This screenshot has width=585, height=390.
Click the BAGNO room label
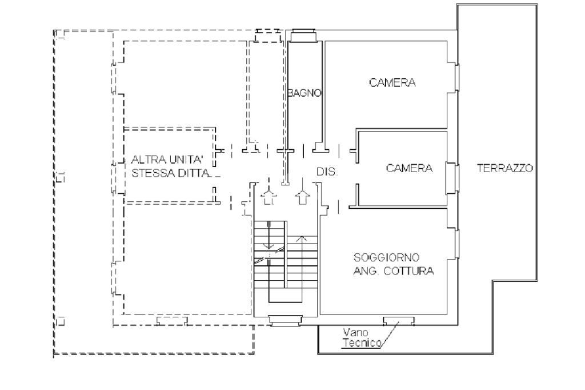305,93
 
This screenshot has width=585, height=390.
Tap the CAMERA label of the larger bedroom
392,82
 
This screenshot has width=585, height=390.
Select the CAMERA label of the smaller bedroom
409,168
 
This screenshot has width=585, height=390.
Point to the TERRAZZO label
505,168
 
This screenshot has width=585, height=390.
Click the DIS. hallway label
327,172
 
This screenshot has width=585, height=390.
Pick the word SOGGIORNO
381,257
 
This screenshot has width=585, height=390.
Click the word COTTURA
409,271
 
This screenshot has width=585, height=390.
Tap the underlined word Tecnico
362,343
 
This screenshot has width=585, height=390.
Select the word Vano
355,332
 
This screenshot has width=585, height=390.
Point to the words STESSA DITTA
171,173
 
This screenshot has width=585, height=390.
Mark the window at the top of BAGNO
304,35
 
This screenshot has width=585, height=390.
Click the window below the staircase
285,321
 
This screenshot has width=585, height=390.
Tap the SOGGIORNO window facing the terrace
455,244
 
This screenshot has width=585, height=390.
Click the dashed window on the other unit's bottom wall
172,321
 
